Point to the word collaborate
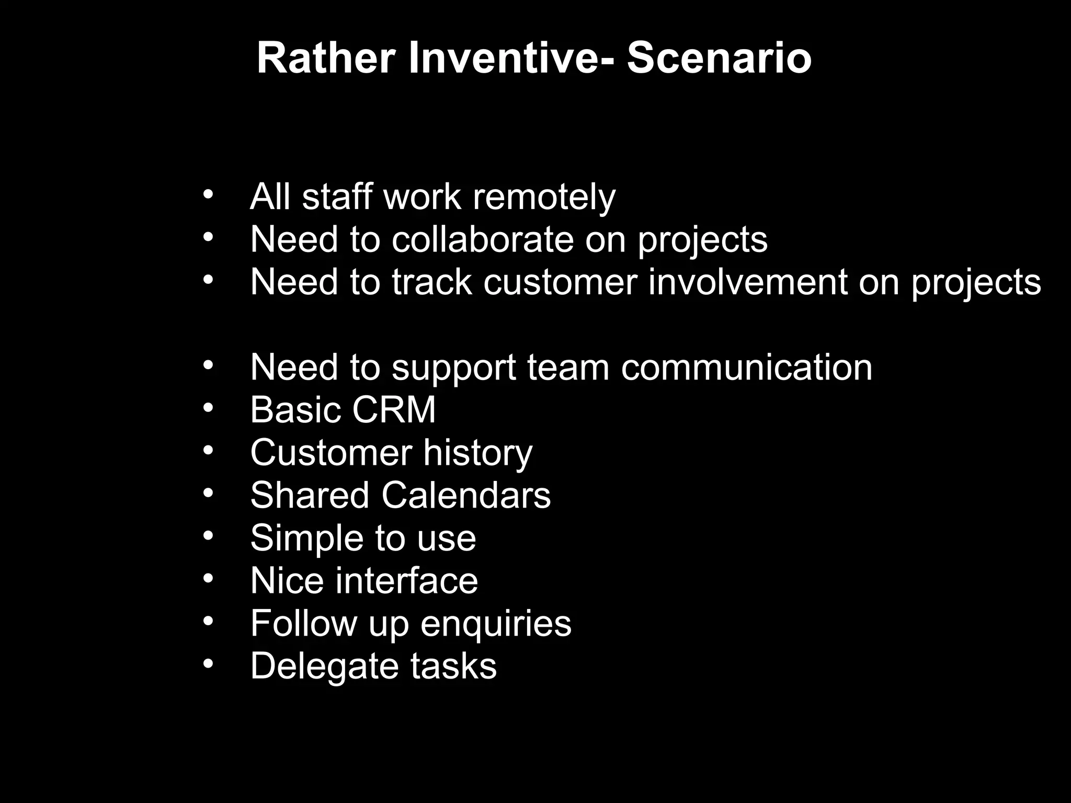point(482,240)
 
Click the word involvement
point(748,282)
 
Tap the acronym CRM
point(394,410)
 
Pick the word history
point(477,453)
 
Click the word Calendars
point(466,495)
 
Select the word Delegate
point(324,666)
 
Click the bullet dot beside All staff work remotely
point(208,194)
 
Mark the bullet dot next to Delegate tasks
point(208,663)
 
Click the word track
point(432,282)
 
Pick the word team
point(568,368)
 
